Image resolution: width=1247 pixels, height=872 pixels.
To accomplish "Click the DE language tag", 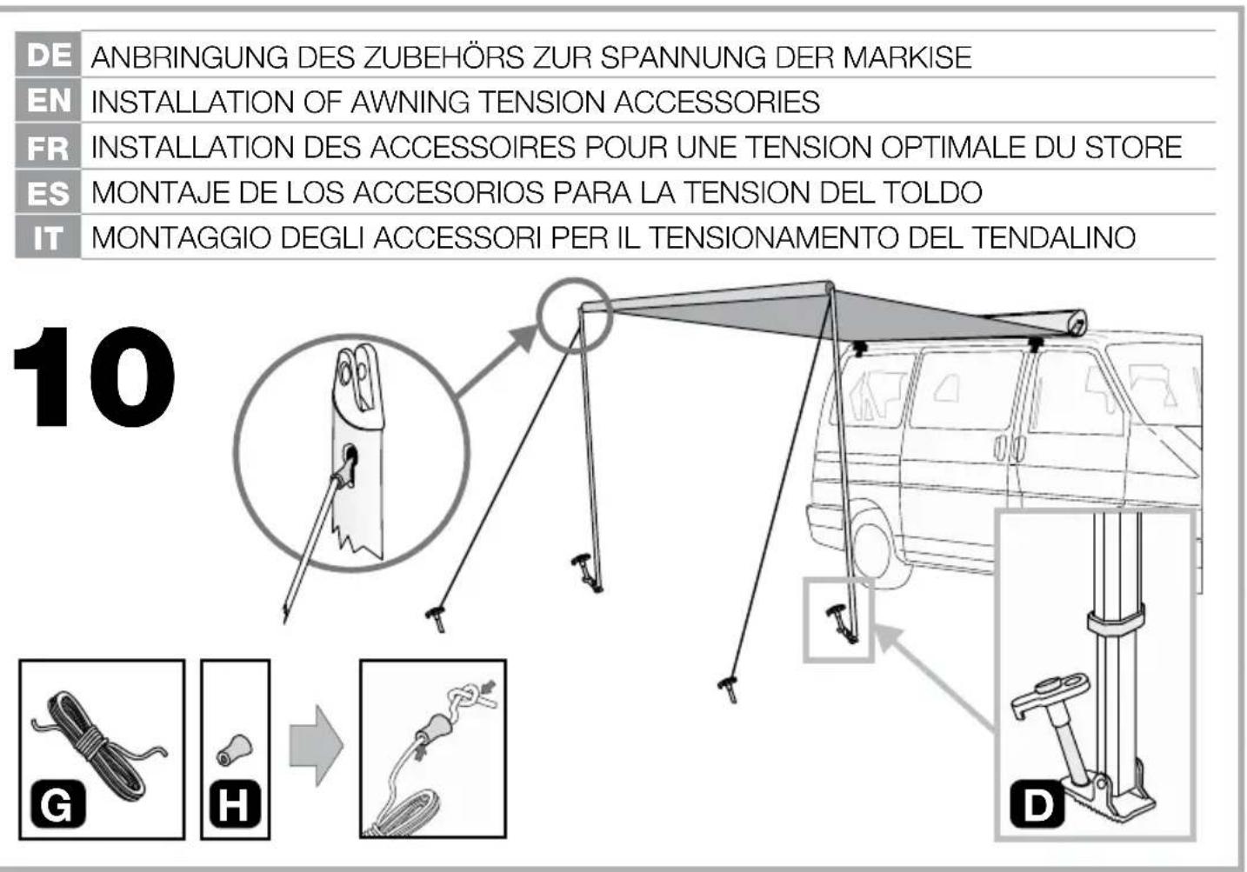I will [x=48, y=56].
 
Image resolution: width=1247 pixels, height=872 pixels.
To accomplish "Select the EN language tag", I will [x=48, y=101].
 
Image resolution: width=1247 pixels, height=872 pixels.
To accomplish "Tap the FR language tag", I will [x=48, y=147].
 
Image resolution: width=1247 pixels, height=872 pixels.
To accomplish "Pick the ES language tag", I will [x=48, y=192].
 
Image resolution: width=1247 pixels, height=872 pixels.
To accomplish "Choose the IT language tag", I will [x=48, y=237].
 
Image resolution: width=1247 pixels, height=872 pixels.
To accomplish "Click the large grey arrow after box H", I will [x=315, y=746].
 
